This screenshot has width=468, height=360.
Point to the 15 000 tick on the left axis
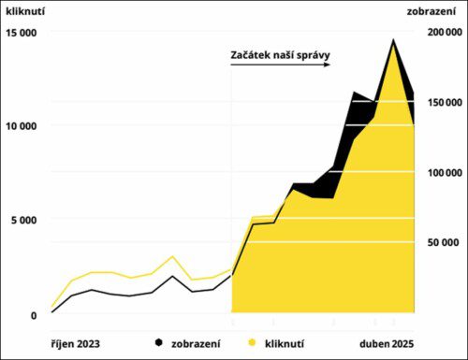pos(22,33)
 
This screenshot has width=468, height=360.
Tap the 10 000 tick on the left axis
pos(22,126)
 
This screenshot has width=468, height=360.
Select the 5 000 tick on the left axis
pos(23,221)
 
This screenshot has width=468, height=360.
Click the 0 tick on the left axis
pos(34,315)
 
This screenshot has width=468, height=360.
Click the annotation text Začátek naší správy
pos(280,54)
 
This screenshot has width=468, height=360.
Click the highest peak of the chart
pos(393,39)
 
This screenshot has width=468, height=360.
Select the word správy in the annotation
pos(311,55)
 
